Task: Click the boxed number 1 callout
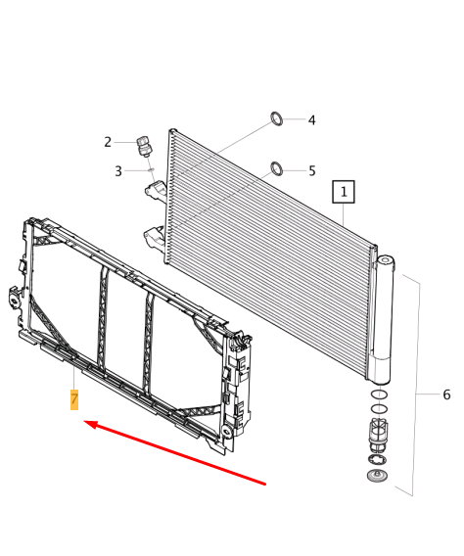pyautogui.click(x=344, y=192)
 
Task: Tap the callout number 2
pyautogui.click(x=109, y=142)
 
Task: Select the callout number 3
pyautogui.click(x=118, y=171)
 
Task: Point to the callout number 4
pyautogui.click(x=311, y=120)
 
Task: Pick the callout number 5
pyautogui.click(x=311, y=170)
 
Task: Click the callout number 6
pyautogui.click(x=446, y=394)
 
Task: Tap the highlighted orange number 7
pyautogui.click(x=73, y=399)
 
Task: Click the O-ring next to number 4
pyautogui.click(x=277, y=120)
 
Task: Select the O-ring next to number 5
pyautogui.click(x=277, y=167)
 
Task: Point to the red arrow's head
pyautogui.click(x=87, y=424)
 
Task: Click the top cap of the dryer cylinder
pyautogui.click(x=385, y=259)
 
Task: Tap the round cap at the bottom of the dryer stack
pyautogui.click(x=375, y=476)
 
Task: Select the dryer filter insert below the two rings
pyautogui.click(x=378, y=431)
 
